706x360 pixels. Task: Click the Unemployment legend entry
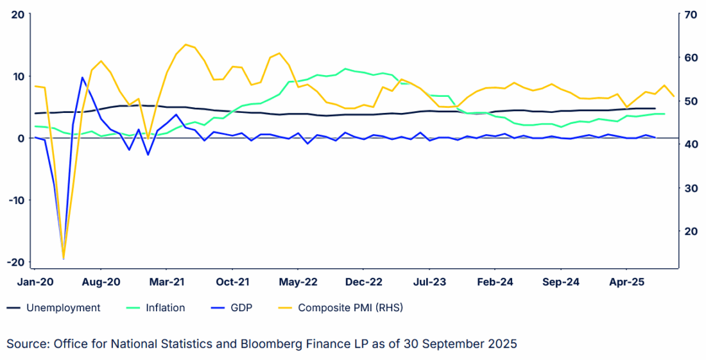(x=63, y=308)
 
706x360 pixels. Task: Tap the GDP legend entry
(x=241, y=308)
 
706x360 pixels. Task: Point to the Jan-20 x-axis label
(x=35, y=282)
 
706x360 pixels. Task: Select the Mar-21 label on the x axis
(x=167, y=282)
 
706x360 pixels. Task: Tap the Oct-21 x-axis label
(x=232, y=282)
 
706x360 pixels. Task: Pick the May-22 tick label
(x=298, y=282)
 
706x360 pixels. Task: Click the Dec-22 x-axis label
(x=364, y=282)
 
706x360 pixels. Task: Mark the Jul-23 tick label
(x=429, y=282)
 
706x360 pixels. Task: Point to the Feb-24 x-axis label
(x=495, y=282)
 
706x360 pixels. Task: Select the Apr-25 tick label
(x=626, y=282)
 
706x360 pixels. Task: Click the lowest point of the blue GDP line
(x=64, y=257)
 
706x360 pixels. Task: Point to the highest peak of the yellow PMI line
(x=185, y=44)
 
